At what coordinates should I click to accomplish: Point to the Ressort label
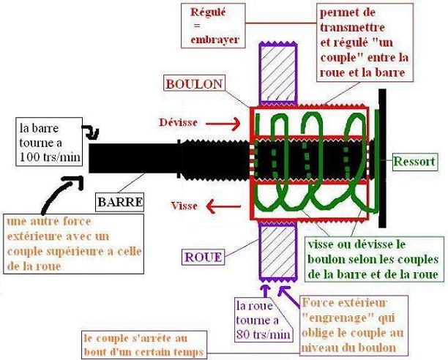coord(414,160)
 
